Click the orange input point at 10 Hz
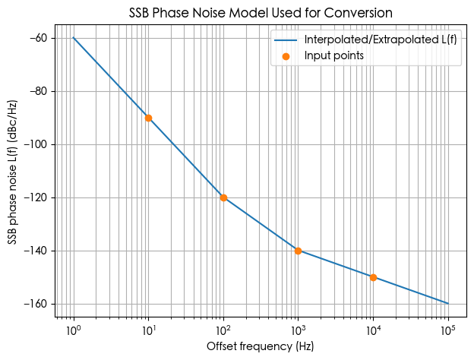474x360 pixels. pos(148,118)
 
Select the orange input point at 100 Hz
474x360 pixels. pos(223,197)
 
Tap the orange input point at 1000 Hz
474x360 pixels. pos(298,251)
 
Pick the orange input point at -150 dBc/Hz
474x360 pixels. pos(373,277)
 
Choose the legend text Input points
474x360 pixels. pos(333,55)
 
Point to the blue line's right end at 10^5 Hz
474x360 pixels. pos(447,303)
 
